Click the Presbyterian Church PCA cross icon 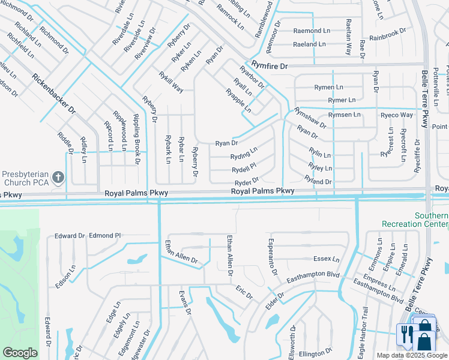(58, 177)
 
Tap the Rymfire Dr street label (270, 65)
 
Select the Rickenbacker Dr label (54, 94)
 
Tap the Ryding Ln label (244, 154)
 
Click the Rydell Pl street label (244, 168)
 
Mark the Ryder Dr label (246, 181)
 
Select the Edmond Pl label (105, 236)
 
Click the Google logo (20, 353)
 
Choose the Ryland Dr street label (318, 181)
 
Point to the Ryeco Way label (397, 115)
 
